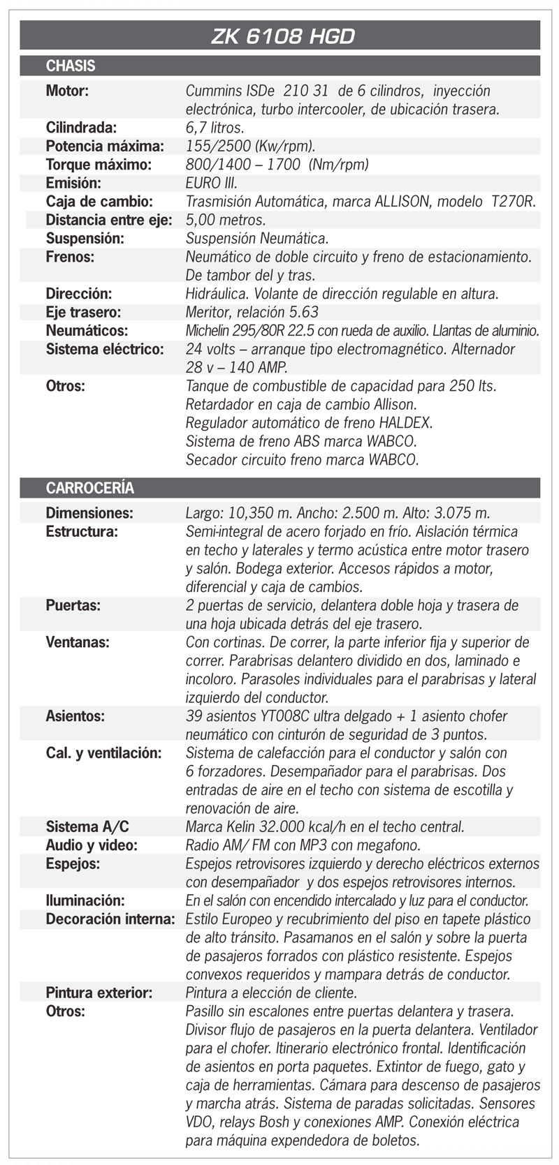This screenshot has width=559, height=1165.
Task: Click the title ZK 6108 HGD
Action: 282,36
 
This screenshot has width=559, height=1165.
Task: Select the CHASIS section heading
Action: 71,66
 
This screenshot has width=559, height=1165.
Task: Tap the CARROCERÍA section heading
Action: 90,488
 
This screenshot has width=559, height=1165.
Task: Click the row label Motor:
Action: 67,91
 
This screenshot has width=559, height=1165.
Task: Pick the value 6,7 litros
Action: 215,128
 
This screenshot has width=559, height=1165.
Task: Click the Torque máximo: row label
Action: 99,165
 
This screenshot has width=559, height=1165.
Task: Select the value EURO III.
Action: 211,183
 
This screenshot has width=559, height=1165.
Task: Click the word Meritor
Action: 210,312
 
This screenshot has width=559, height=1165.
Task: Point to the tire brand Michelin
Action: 209,331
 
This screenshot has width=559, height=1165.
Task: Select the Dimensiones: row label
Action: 89,513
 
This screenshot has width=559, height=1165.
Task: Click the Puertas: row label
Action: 73,606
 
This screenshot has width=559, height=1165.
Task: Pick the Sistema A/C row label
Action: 87,827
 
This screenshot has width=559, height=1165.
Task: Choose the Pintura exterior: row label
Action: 99,993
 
